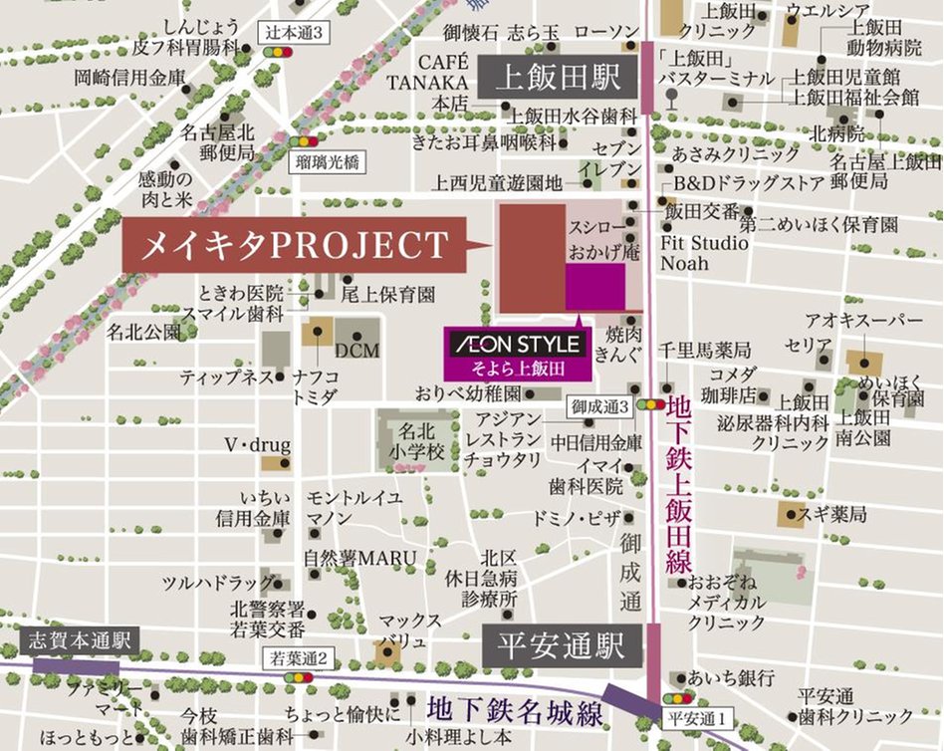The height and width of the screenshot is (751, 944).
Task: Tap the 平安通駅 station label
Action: (563, 647)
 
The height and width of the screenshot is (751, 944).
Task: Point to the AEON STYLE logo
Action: (518, 345)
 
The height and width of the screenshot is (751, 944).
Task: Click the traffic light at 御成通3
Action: (652, 405)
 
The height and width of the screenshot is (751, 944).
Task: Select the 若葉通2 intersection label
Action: (300, 657)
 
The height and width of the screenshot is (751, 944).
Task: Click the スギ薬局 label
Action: (837, 514)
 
